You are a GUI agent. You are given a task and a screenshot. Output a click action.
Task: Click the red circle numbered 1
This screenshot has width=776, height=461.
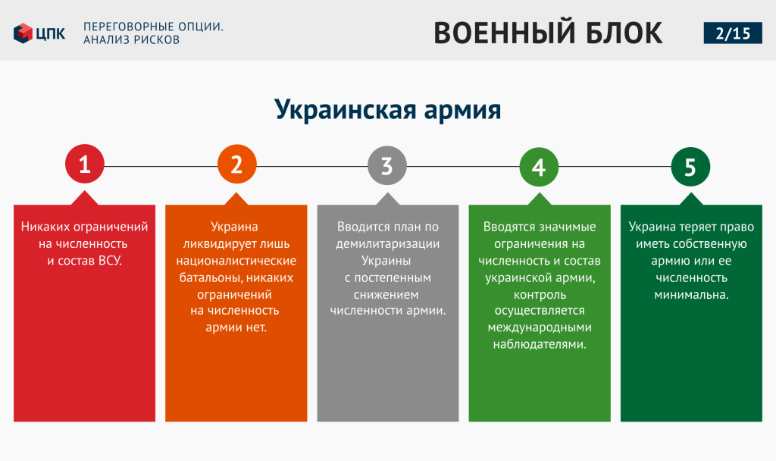pyautogui.click(x=85, y=164)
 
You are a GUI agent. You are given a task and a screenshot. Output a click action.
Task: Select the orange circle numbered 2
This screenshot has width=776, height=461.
pyautogui.click(x=237, y=164)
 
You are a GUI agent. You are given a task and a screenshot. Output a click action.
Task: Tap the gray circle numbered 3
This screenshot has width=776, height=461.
pyautogui.click(x=387, y=165)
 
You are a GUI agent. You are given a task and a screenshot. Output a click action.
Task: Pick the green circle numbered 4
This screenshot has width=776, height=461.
pyautogui.click(x=539, y=167)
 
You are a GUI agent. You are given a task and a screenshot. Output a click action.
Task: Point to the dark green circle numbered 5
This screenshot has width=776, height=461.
pyautogui.click(x=690, y=167)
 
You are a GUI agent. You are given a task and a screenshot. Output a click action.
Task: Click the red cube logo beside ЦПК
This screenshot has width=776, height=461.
pyautogui.click(x=23, y=33)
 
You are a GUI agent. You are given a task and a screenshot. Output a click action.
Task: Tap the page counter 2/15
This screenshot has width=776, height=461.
pyautogui.click(x=733, y=33)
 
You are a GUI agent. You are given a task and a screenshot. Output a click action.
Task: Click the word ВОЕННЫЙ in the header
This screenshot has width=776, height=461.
pyautogui.click(x=504, y=33)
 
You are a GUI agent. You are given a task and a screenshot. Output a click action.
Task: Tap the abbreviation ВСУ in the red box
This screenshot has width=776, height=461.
pyautogui.click(x=110, y=261)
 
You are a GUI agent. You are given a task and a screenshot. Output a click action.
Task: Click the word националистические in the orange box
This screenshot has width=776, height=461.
pyautogui.click(x=236, y=261)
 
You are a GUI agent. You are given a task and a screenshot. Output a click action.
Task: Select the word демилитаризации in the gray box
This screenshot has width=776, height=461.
pyautogui.click(x=387, y=244)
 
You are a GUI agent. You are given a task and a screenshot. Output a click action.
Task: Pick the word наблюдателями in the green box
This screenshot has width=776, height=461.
pyautogui.click(x=540, y=344)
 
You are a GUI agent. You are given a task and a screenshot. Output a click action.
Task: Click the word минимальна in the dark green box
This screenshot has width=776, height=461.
pyautogui.click(x=691, y=295)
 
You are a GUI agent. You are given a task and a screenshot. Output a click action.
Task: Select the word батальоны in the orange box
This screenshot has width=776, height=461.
pyautogui.click(x=211, y=278)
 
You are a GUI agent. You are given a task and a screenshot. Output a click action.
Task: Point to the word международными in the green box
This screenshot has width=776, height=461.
pyautogui.click(x=540, y=328)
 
